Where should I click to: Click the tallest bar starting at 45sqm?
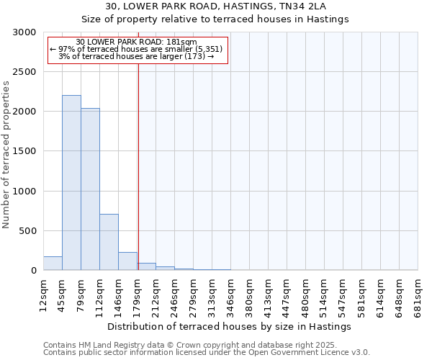(71, 183)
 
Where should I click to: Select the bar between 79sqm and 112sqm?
(90, 189)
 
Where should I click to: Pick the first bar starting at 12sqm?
(53, 264)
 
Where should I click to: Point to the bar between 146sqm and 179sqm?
(127, 261)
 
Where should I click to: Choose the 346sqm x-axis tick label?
(230, 295)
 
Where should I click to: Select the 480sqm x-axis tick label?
(305, 295)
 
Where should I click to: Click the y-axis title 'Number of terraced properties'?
(6, 155)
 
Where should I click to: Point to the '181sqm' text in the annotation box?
(181, 42)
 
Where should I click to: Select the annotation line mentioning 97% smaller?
(137, 49)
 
